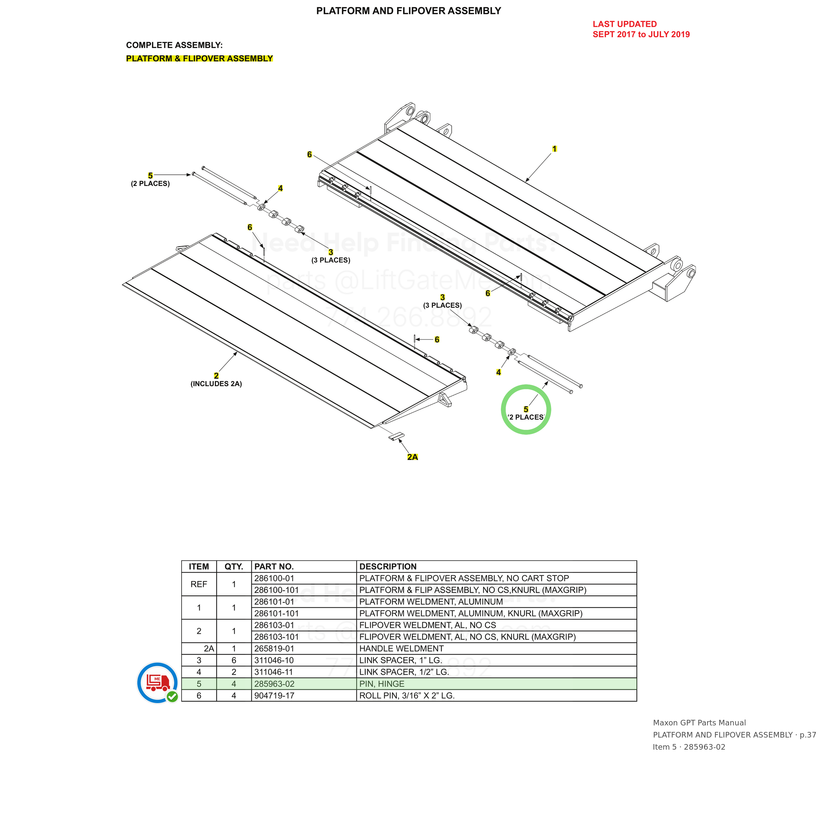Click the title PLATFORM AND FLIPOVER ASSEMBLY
409,11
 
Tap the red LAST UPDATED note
641,29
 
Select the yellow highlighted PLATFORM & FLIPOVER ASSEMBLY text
199,59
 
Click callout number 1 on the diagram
554,149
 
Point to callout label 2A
412,457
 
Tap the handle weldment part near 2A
396,437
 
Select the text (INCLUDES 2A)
216,383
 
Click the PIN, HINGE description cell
382,684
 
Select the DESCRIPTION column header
388,566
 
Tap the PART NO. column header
274,566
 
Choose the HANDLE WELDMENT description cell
401,649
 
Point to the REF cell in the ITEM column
199,584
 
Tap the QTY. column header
234,566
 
